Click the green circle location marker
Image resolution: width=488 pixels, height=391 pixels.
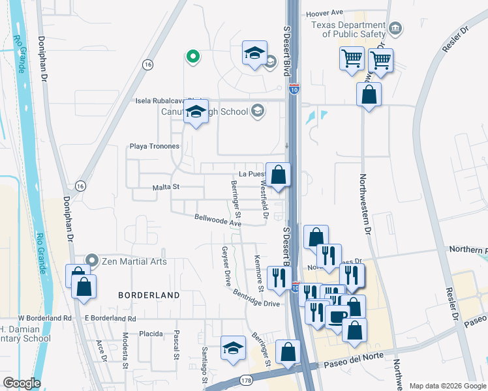coord(192,57)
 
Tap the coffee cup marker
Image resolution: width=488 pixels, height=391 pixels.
coord(338,317)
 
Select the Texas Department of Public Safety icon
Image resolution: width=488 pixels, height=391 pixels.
coord(395,28)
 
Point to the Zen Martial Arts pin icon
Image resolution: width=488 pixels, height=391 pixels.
coord(91,261)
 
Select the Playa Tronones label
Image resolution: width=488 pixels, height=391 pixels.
coord(155,146)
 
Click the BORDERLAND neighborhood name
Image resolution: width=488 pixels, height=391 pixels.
coord(149,295)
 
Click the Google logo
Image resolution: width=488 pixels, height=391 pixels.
coord(22,383)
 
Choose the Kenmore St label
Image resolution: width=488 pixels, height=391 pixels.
coord(258,273)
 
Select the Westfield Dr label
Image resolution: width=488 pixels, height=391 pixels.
coord(264,199)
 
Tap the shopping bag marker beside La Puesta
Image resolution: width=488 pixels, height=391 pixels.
coord(278,175)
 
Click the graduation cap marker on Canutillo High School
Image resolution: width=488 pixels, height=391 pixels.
coord(196,112)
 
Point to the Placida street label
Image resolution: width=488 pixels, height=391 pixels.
coord(151,333)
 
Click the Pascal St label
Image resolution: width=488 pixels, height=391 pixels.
coord(176,345)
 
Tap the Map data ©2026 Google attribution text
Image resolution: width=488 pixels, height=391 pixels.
coord(447,385)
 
